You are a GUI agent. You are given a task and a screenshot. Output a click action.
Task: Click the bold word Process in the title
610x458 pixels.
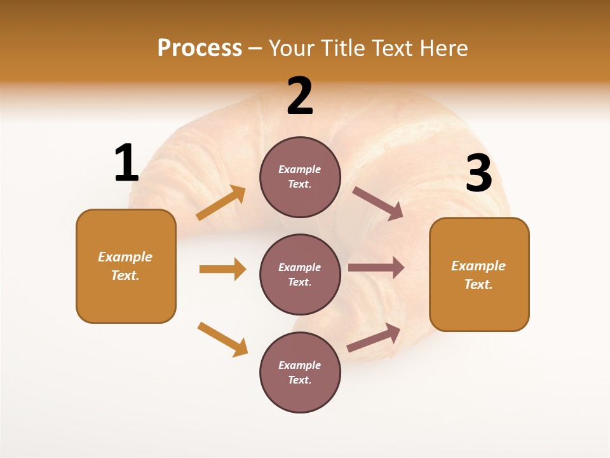pyautogui.click(x=200, y=48)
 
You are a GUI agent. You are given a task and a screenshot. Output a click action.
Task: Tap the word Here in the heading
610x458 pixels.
pyautogui.click(x=443, y=48)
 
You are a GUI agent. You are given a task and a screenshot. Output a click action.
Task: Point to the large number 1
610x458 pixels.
pyautogui.click(x=126, y=163)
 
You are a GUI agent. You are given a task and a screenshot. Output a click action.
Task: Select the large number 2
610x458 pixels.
pyautogui.click(x=300, y=97)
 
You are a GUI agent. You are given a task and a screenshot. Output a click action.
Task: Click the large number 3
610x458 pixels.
pyautogui.click(x=478, y=174)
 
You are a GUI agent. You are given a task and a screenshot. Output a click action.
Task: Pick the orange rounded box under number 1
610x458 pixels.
pyautogui.click(x=126, y=266)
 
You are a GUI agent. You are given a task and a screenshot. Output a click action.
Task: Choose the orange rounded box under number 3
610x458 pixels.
pyautogui.click(x=479, y=274)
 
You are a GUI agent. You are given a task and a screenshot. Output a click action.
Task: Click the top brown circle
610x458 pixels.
pyautogui.click(x=300, y=177)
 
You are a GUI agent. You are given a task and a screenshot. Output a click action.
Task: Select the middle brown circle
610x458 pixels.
pyautogui.click(x=300, y=274)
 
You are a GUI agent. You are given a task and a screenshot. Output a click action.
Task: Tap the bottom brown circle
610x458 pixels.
pyautogui.click(x=300, y=372)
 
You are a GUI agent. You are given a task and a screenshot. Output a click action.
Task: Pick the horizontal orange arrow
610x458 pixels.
pyautogui.click(x=222, y=269)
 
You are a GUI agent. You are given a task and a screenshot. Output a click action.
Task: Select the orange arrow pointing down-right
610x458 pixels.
pyautogui.click(x=222, y=339)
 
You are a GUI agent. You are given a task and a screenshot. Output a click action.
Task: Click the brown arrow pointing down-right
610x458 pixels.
pyautogui.click(x=377, y=203)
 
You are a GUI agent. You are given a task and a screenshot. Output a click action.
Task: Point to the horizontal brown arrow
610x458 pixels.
pyautogui.click(x=376, y=268)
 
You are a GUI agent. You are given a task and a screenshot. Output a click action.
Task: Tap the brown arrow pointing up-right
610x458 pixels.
pyautogui.click(x=374, y=337)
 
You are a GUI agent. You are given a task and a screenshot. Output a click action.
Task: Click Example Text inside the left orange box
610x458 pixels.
pyautogui.click(x=125, y=266)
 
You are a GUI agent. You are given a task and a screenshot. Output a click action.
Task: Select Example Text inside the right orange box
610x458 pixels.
pyautogui.click(x=478, y=275)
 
